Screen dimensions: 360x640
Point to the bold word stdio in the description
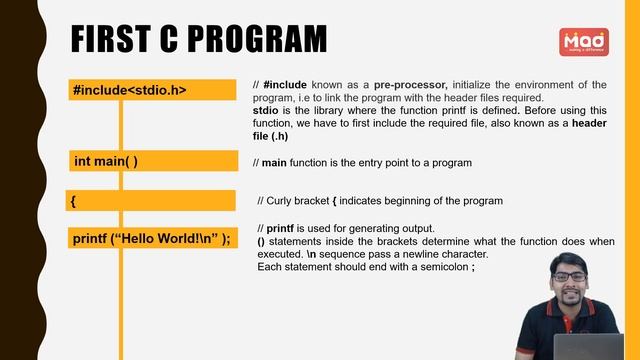[267, 111]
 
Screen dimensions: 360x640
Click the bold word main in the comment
[274, 163]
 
